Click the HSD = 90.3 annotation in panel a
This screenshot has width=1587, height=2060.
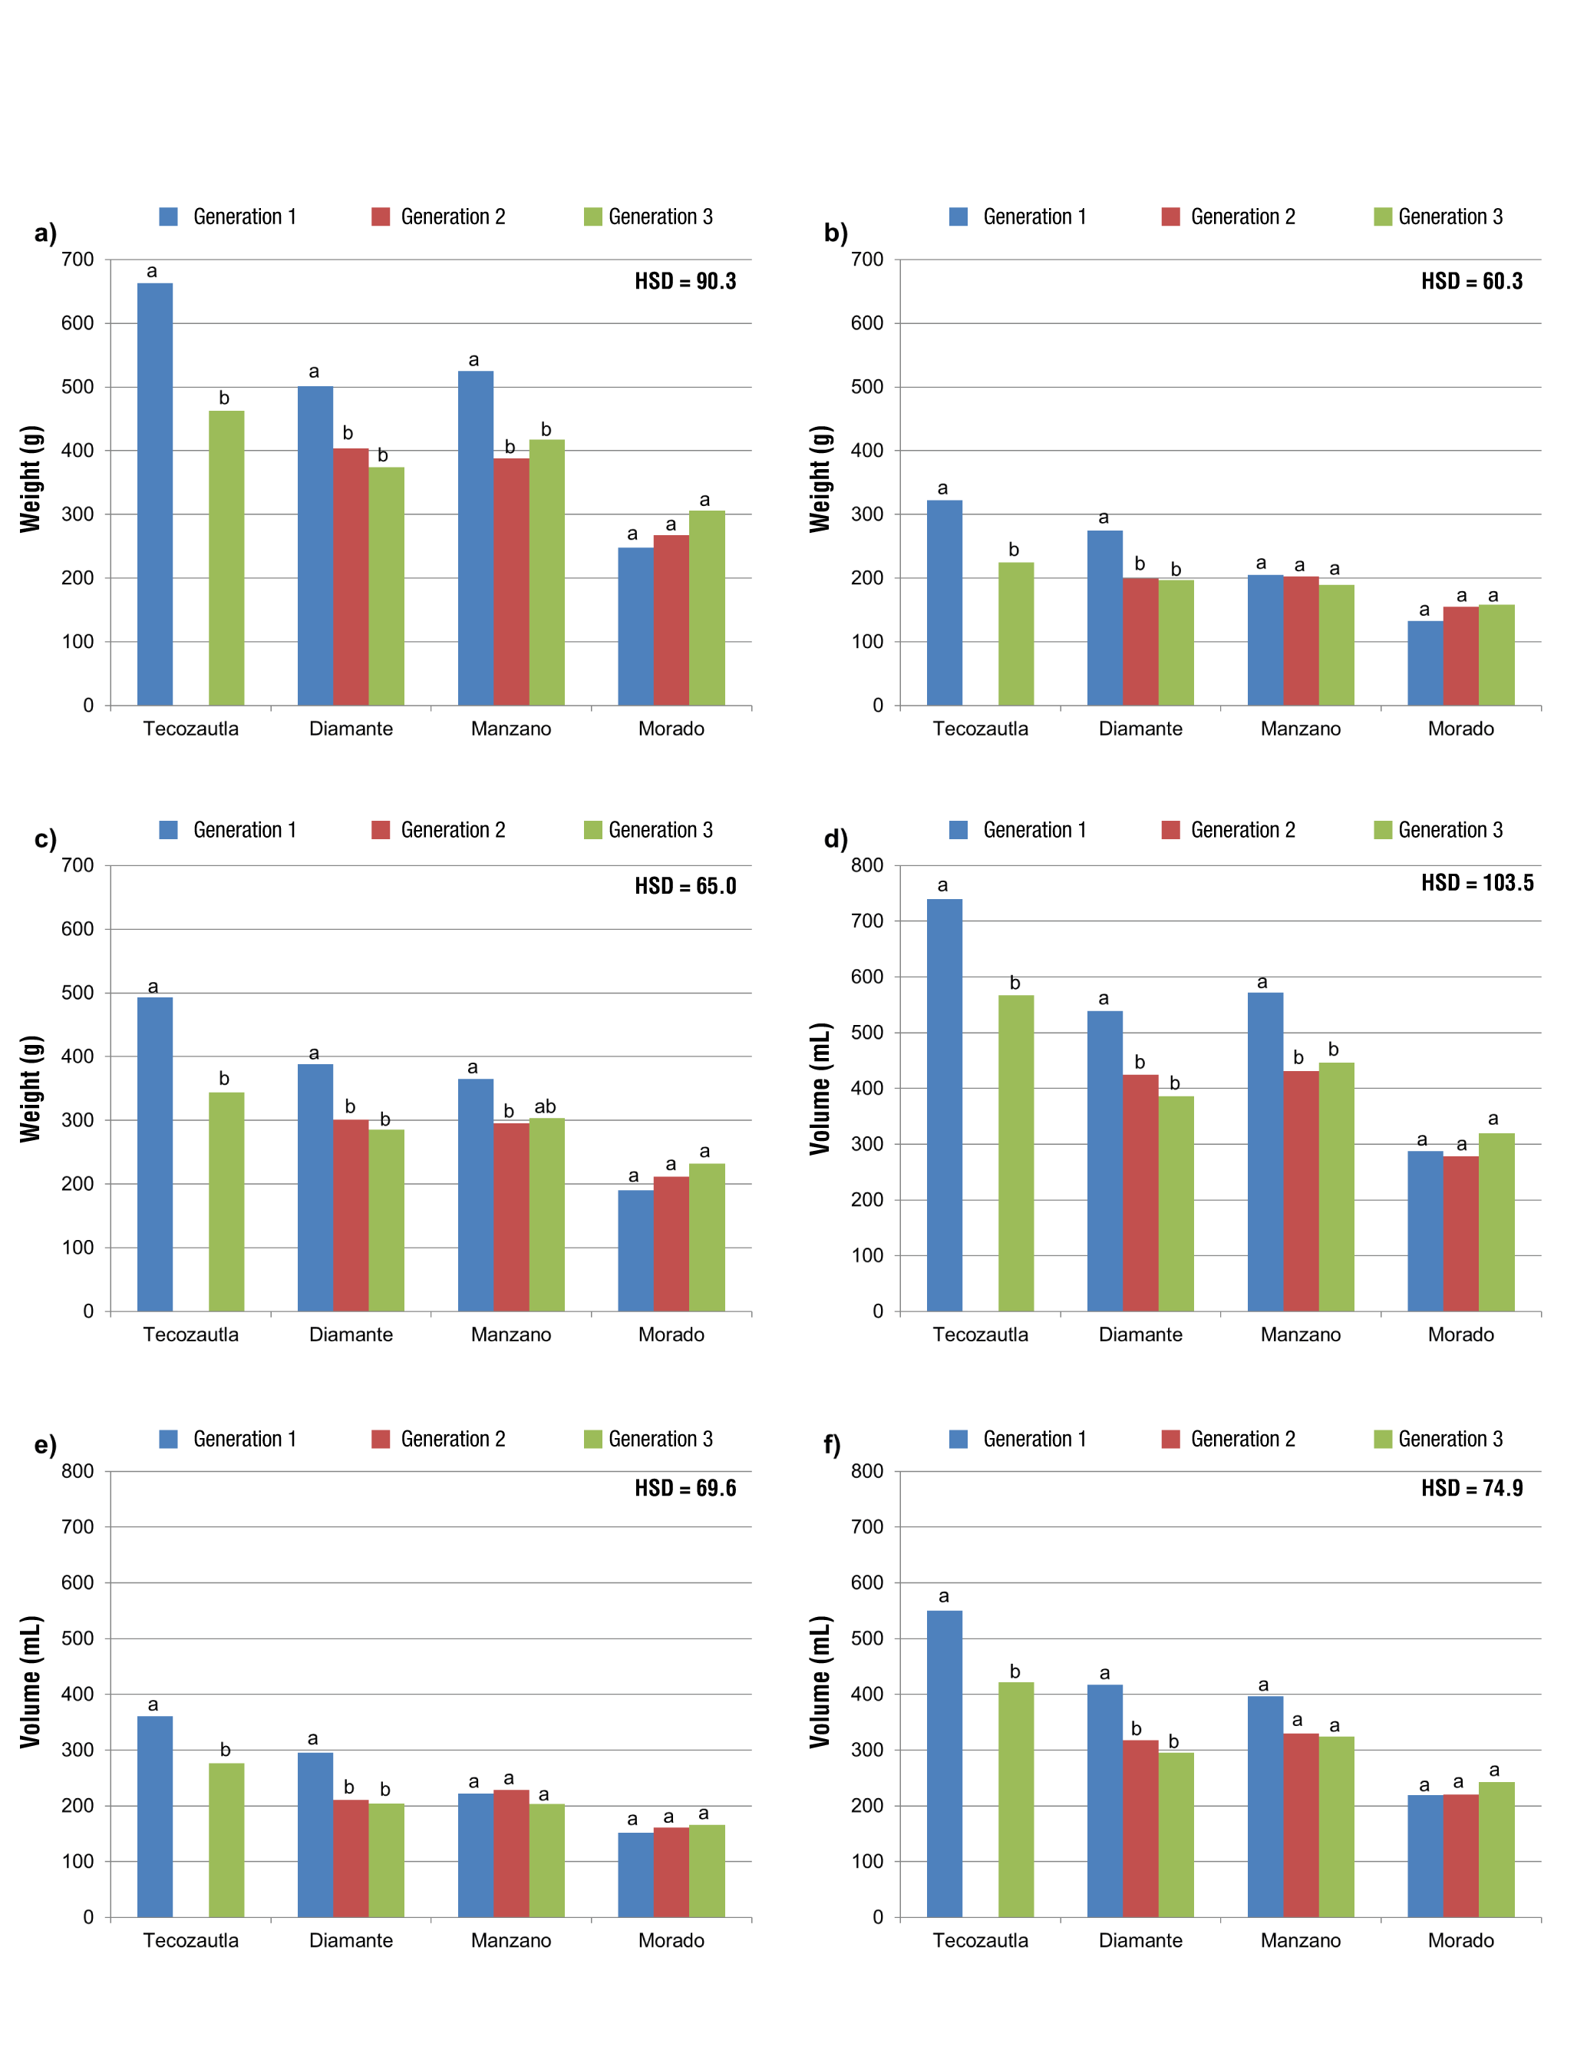click(685, 281)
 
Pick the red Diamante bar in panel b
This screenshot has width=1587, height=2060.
click(1140, 641)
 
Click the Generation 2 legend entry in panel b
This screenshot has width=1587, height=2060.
click(1228, 217)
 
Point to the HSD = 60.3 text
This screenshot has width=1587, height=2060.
click(1471, 281)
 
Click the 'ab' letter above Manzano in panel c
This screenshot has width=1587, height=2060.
click(545, 1106)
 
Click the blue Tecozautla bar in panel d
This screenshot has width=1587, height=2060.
click(944, 1105)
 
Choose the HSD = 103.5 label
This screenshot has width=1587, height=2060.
click(1476, 883)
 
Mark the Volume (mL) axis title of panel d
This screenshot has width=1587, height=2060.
click(820, 1089)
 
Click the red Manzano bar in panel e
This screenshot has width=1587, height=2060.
click(511, 1853)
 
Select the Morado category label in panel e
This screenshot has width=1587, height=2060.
click(671, 1940)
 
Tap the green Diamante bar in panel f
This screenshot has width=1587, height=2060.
click(1176, 1833)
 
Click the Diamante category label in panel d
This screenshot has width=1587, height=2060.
click(1140, 1334)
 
